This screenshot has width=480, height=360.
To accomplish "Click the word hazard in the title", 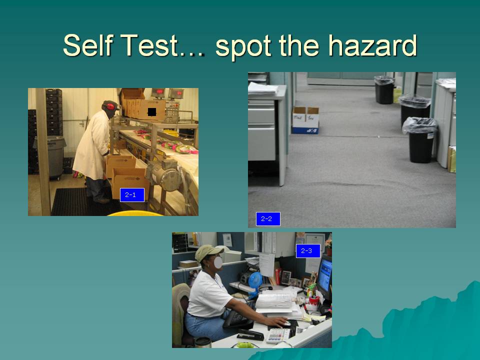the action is click(372, 45).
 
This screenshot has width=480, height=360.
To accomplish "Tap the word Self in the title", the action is click(87, 45).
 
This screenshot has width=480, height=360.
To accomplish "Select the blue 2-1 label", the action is click(132, 195).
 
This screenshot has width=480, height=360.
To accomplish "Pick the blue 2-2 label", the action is click(268, 219).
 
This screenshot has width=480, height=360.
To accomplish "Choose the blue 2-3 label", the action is click(308, 251).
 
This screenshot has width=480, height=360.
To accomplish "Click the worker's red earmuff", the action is click(110, 106).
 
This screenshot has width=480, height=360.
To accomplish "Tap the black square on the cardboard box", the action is click(152, 111).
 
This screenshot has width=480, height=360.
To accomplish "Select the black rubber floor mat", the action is click(82, 202).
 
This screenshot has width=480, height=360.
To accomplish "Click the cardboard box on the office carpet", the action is click(305, 120).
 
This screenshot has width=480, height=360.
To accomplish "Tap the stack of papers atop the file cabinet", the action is click(263, 88).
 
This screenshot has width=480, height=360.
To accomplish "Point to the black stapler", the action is click(250, 334).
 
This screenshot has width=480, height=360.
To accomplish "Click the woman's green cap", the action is click(208, 252).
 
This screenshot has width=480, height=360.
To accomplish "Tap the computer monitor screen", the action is click(325, 275).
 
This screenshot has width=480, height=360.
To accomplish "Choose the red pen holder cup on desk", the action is click(314, 303).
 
